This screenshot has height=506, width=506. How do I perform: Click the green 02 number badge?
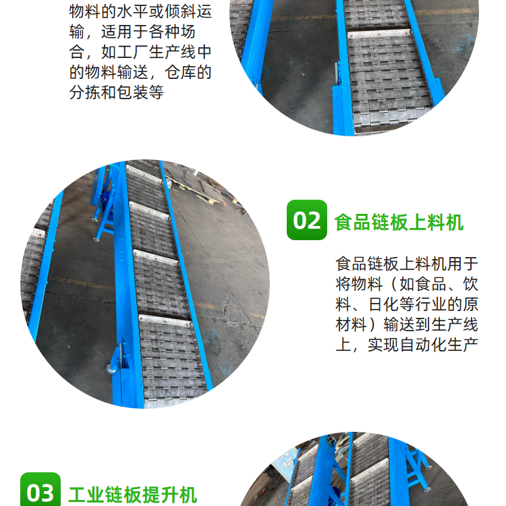coord(306,220)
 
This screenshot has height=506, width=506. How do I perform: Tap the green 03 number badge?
coord(40,489)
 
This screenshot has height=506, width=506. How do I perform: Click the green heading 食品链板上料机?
coord(399,222)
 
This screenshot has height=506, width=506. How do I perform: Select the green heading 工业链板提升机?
coord(133,495)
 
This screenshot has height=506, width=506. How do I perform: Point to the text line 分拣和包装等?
coord(117,92)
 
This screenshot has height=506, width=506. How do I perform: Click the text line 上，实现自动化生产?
coord(407,345)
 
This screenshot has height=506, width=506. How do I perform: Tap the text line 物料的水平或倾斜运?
coord(140,11)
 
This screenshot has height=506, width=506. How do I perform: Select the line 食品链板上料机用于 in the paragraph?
coord(407,264)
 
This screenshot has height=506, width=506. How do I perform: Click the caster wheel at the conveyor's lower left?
coord(111,368)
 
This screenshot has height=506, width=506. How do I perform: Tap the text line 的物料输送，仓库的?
coord(140,72)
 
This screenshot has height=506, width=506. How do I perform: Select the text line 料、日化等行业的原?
coord(407,304)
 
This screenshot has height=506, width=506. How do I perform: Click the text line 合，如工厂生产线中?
coord(140,52)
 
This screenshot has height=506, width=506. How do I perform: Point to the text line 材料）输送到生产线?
coord(407,325)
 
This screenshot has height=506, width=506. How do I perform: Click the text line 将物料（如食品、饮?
coord(407,284)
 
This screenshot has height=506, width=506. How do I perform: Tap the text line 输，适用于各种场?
coord(132,32)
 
